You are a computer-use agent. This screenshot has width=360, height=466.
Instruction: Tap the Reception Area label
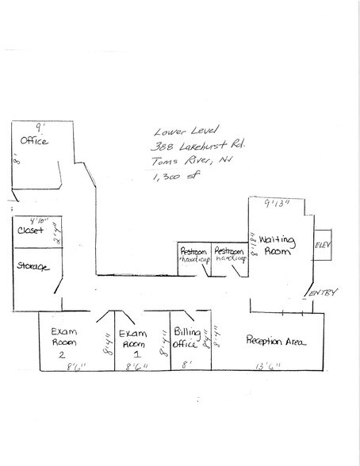tap(276, 342)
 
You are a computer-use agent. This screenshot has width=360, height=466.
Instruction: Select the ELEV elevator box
tap(324, 245)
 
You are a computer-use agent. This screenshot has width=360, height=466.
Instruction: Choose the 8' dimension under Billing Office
tap(186, 366)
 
